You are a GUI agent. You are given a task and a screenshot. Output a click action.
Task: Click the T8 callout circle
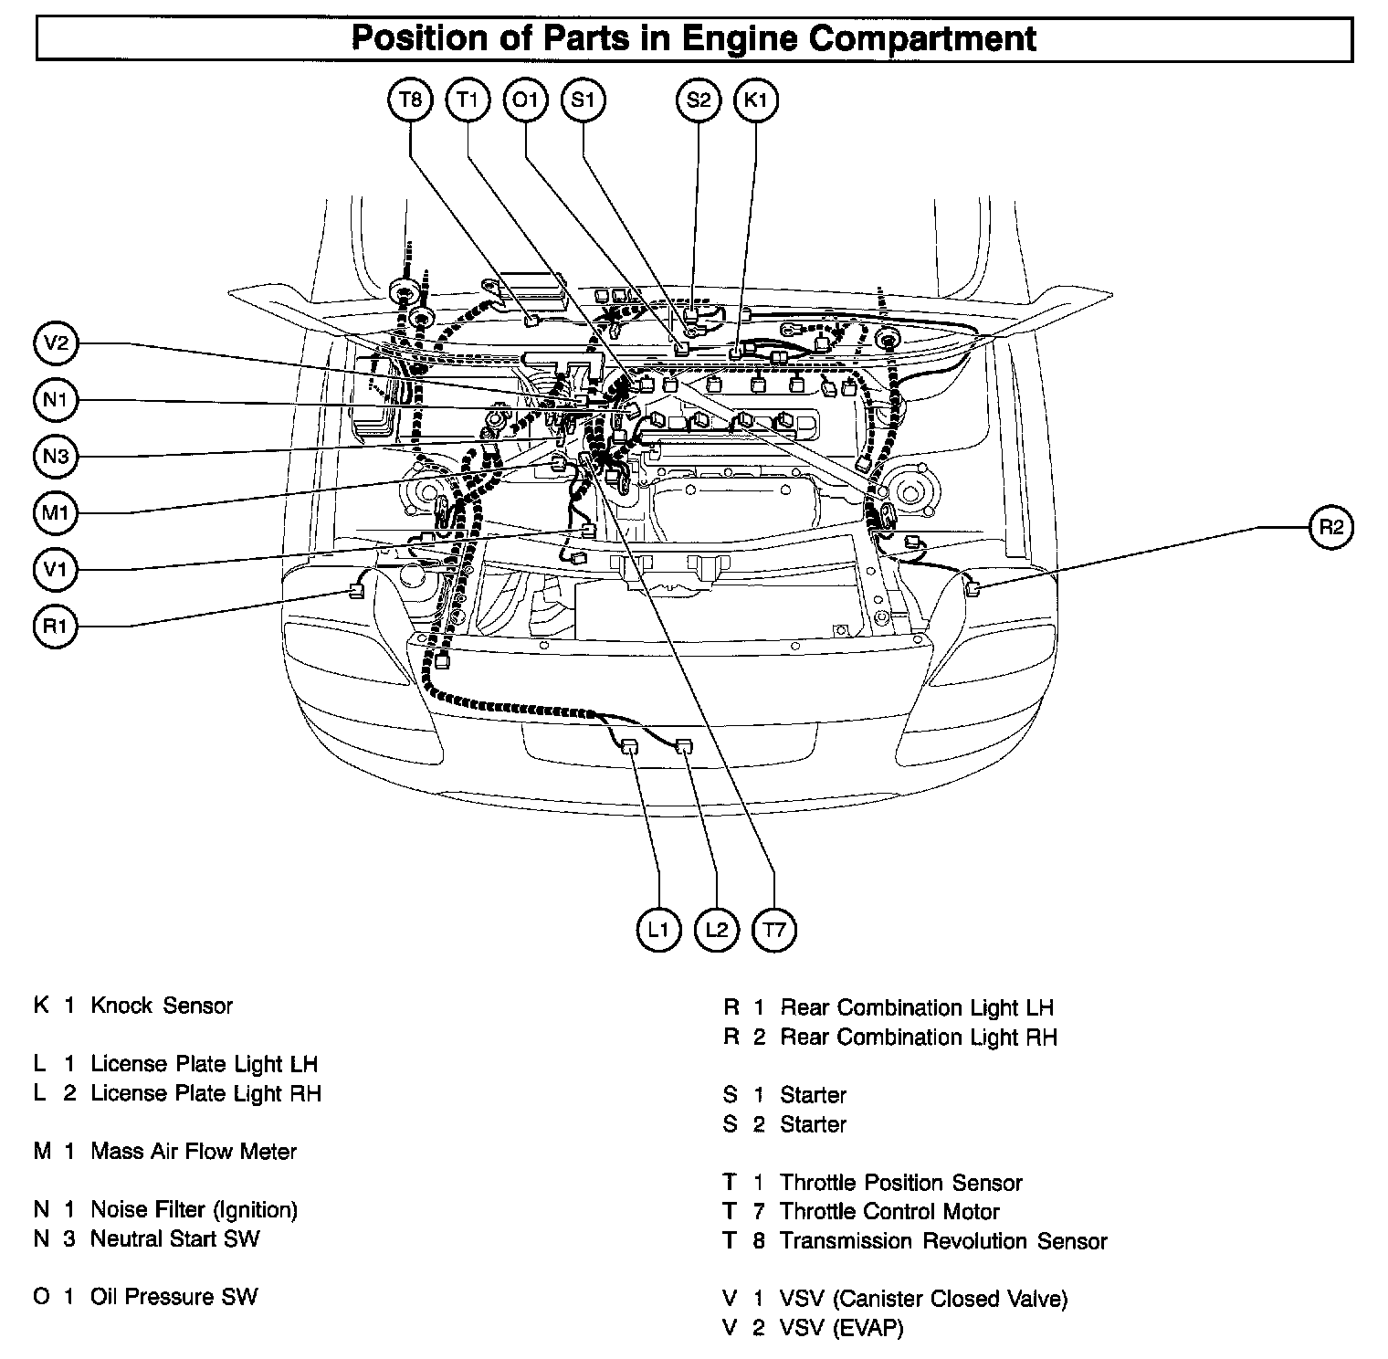[411, 100]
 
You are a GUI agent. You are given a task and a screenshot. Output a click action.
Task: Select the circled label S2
[699, 100]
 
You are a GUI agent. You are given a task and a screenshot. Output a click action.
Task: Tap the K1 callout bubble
[756, 100]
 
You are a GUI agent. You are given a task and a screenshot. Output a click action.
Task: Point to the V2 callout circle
[56, 343]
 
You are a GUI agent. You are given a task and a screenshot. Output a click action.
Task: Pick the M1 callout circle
[56, 513]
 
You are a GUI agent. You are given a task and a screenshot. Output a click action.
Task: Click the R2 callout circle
[1331, 527]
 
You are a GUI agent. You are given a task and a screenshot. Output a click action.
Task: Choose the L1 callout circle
[658, 930]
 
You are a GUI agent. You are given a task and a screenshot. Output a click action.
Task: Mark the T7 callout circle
[773, 930]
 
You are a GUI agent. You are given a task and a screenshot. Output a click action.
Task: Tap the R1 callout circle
[56, 627]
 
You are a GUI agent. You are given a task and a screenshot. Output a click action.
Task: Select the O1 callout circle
[526, 100]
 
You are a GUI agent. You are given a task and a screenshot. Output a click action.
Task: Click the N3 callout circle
[56, 456]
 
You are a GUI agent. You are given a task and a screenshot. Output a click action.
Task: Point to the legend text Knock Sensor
[162, 1006]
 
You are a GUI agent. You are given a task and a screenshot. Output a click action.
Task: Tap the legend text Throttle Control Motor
[889, 1212]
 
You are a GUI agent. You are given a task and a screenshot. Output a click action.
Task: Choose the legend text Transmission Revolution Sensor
[943, 1241]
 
